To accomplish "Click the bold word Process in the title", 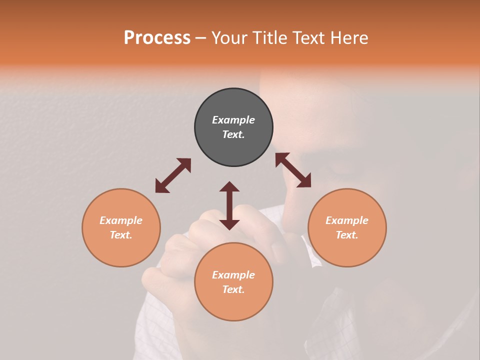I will pos(157,38).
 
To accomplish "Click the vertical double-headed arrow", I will pos(229,205).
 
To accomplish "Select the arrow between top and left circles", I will pos(173,175).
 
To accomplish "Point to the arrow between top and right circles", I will pos(293,170).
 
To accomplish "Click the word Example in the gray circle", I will pos(233,120).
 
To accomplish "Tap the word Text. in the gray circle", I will pos(233,134).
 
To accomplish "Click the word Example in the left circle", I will pos(121,220).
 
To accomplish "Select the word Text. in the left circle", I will pos(121,235).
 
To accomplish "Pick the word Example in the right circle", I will pos(347,220).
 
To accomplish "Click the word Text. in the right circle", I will pos(347,235).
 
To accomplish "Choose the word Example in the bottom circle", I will pos(233,275).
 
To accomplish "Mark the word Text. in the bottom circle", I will pos(233,289).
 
